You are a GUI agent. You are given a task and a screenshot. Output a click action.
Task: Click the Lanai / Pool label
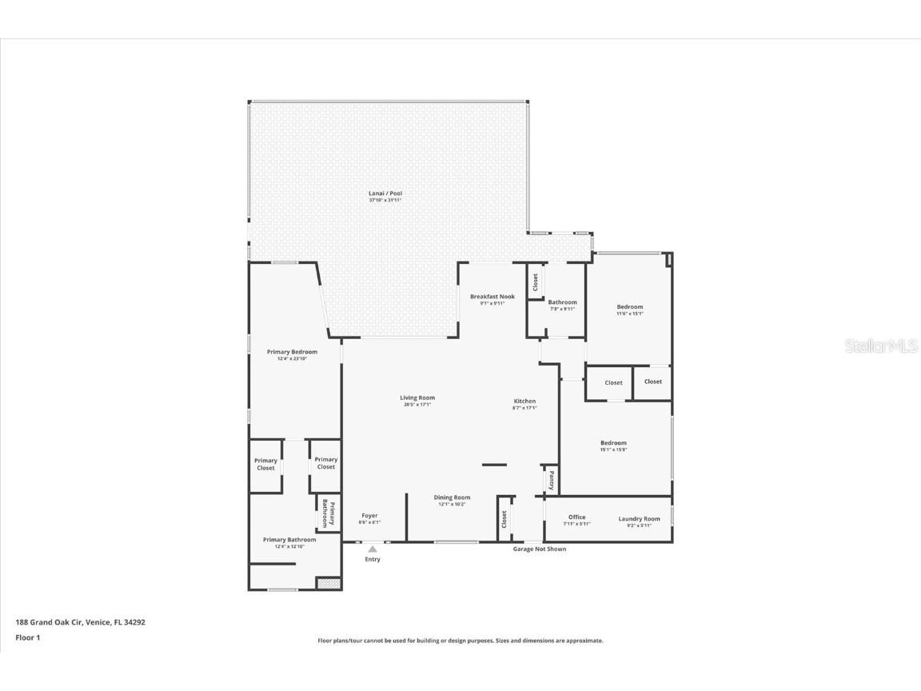385,194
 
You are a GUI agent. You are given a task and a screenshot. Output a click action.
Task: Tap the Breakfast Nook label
492,297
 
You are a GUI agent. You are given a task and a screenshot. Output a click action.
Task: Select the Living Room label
417,398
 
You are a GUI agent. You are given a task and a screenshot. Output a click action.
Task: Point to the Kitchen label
524,401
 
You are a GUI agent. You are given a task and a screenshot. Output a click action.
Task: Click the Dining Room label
452,498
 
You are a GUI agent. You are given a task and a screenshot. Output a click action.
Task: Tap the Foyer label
369,516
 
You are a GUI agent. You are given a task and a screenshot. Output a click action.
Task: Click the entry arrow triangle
373,549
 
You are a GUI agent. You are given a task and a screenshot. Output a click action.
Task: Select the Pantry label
551,480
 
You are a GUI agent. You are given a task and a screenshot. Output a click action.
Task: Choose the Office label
577,517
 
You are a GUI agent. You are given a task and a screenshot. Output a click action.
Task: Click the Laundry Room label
639,519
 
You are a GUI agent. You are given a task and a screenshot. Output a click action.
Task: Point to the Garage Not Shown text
540,549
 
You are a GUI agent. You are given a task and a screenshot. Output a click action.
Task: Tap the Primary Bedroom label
292,353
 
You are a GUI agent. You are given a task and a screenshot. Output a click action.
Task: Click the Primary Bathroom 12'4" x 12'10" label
289,540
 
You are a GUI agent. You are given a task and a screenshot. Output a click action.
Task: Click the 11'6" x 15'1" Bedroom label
629,307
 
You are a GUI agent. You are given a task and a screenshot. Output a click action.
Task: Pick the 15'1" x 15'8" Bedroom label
613,443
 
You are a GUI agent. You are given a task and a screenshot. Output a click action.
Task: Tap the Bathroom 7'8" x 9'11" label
562,303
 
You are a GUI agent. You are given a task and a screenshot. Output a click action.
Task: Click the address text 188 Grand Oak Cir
80,621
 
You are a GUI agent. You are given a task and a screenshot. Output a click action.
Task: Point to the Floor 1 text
27,637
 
